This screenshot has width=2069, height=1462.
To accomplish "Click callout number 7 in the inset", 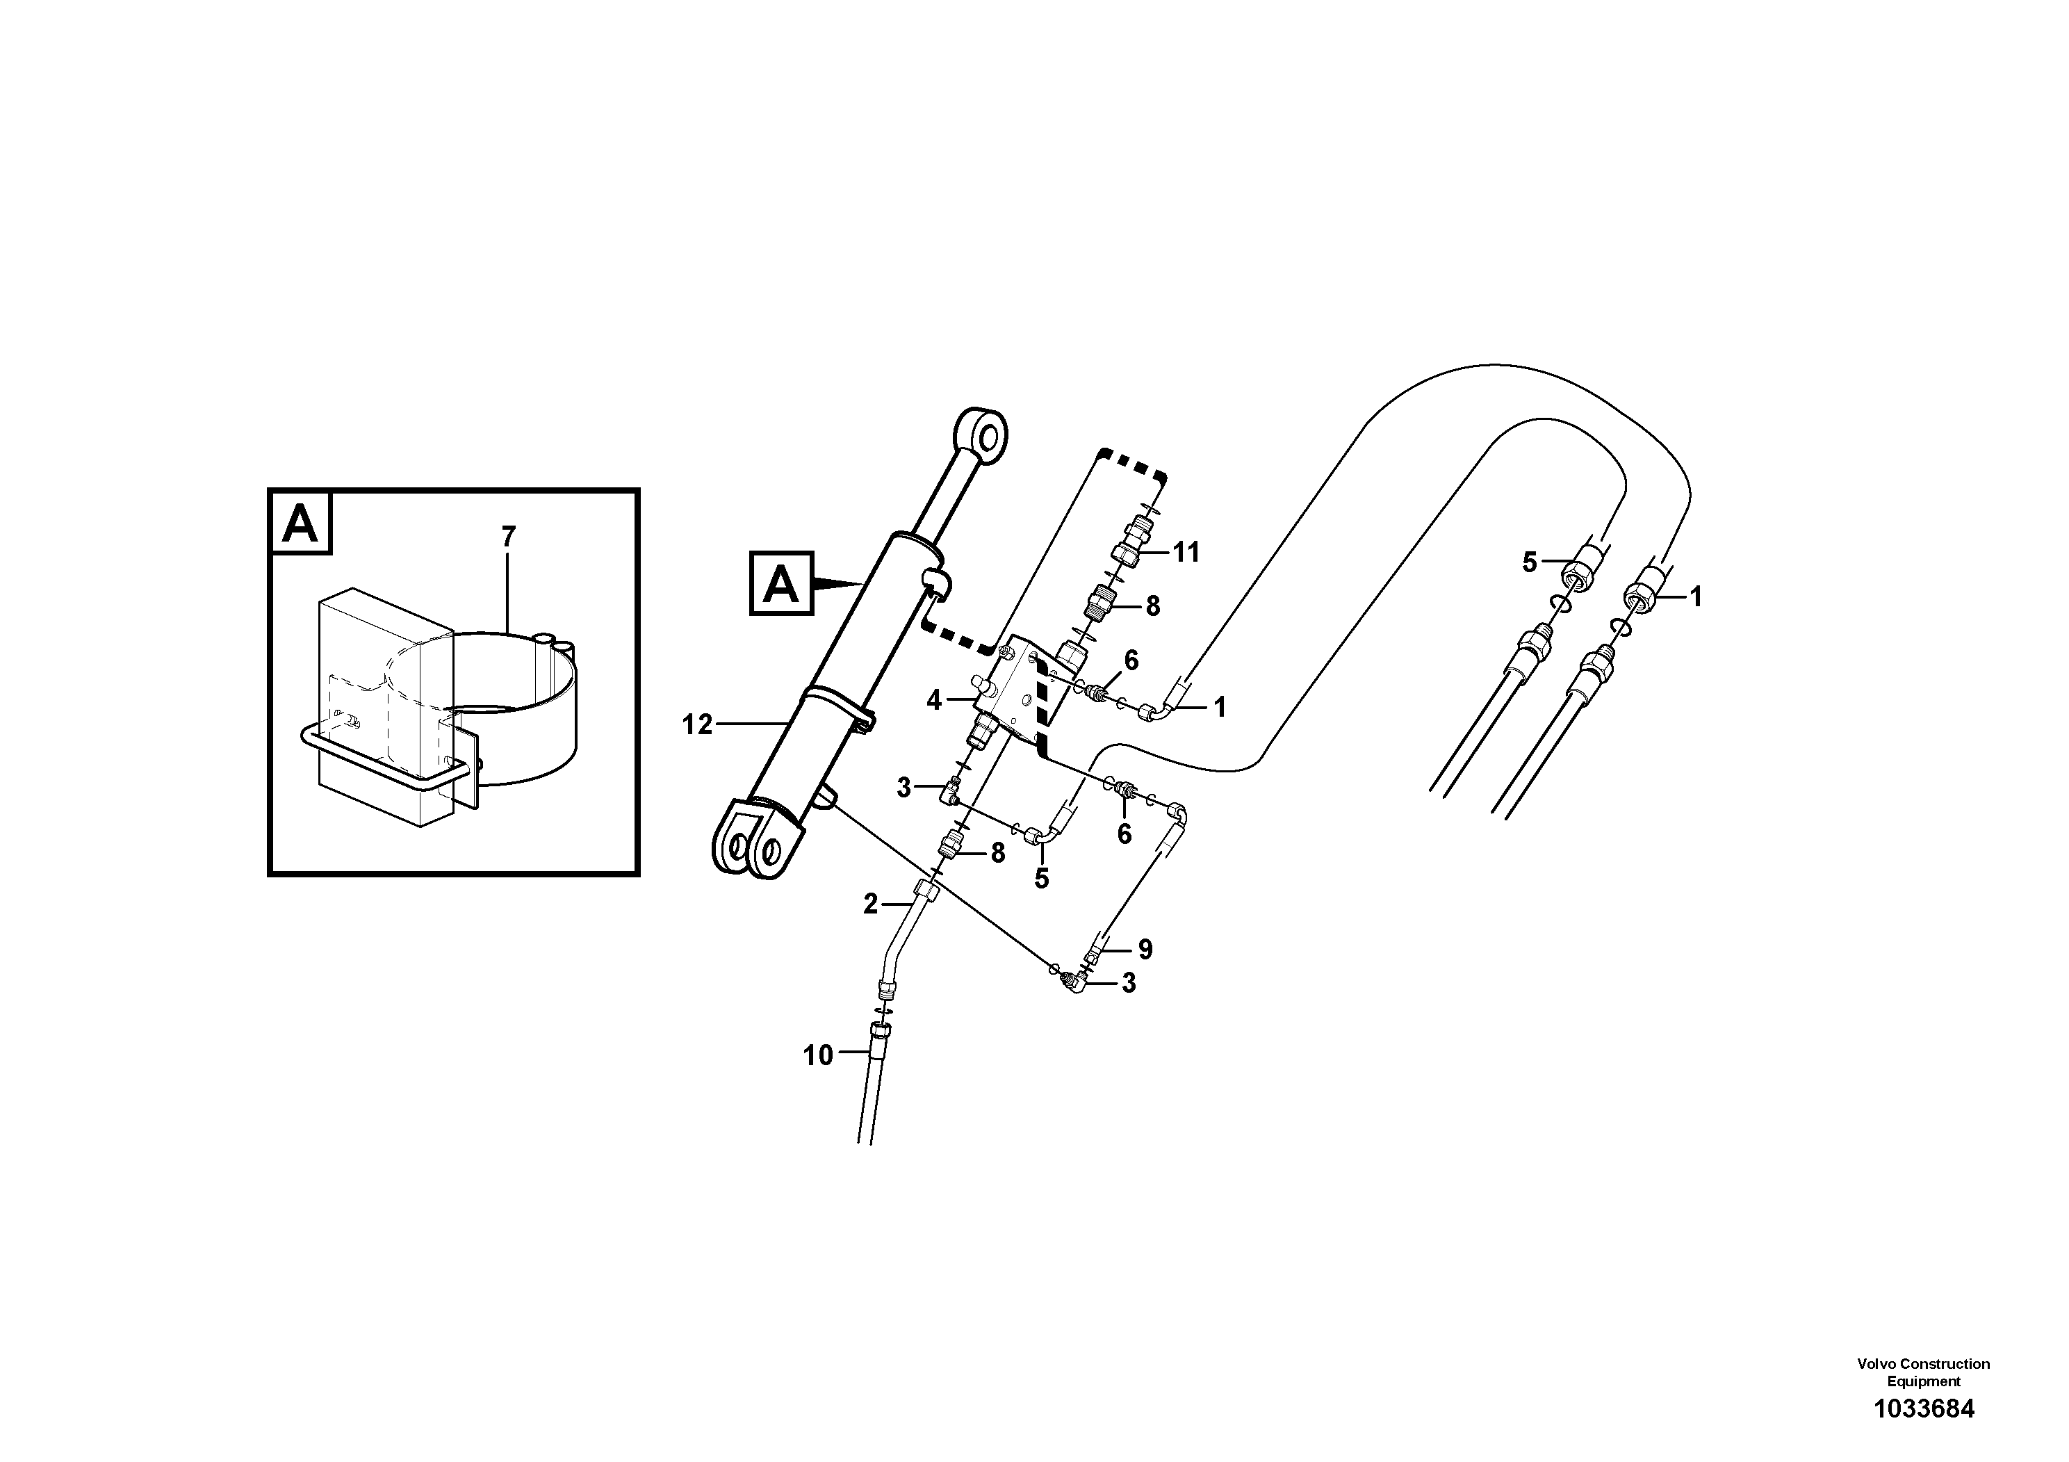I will [x=508, y=537].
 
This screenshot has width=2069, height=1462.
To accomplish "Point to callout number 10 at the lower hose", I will [x=818, y=1055].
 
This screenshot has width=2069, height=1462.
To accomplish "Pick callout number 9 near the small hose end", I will [x=1145, y=949].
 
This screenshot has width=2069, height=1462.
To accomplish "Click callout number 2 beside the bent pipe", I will [x=869, y=903].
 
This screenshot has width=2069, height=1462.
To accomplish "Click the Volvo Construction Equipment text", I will [x=1923, y=1372].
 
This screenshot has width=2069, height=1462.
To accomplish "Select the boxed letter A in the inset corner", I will [x=300, y=523].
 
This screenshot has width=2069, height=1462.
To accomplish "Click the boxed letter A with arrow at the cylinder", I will [x=780, y=584].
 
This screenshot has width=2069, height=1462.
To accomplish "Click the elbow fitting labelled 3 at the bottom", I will [x=1075, y=981].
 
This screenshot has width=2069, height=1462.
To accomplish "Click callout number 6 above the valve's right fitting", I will [x=1131, y=660].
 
